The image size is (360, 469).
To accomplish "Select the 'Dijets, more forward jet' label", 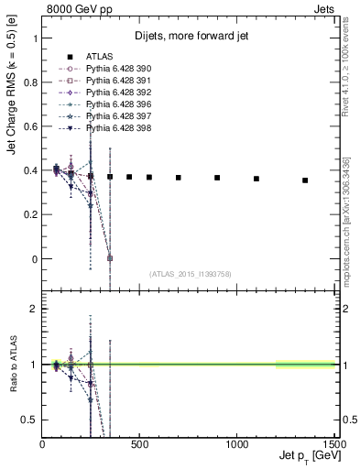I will pyautogui.click(x=189, y=37).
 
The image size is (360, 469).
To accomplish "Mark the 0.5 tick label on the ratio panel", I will pyautogui.click(x=31, y=420).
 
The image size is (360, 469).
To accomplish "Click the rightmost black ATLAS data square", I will pyautogui.click(x=305, y=180).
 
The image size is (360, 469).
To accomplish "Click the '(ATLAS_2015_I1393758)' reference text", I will pyautogui.click(x=189, y=274).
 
